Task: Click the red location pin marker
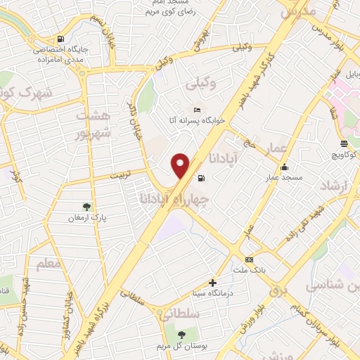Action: pos(181,165)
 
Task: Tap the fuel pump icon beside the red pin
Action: pos(202,178)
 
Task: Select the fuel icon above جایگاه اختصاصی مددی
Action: pos(62,39)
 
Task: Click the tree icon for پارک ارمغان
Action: pos(86,207)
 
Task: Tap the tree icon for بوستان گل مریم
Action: pos(181,335)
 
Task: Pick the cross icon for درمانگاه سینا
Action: pos(212,283)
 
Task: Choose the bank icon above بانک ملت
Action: pos(248,258)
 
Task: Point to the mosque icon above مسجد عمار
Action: pos(284,167)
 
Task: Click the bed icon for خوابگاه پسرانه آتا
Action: pos(198,110)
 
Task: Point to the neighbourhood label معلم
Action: pos(41,263)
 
